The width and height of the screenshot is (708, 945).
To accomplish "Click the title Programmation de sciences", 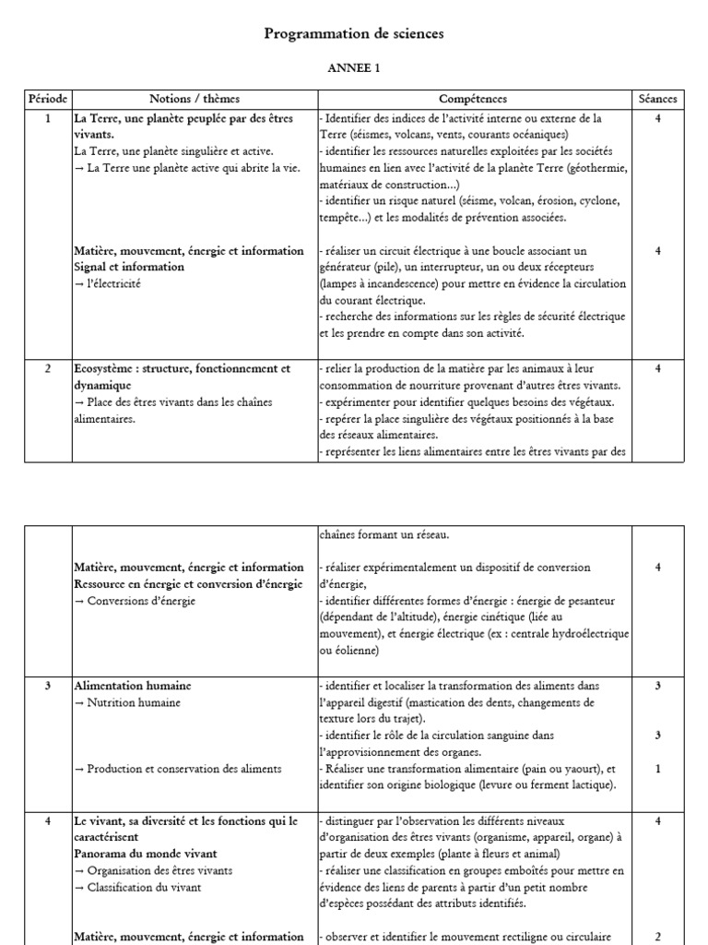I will [354, 33].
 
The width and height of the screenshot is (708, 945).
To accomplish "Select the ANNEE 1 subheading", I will [354, 67].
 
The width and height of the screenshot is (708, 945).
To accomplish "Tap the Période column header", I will [48, 99].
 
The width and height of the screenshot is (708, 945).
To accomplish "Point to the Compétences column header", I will [472, 99].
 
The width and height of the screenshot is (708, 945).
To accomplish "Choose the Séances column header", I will [657, 99].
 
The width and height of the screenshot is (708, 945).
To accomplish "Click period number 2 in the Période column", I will [48, 368].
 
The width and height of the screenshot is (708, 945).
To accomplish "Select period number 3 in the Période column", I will [48, 686].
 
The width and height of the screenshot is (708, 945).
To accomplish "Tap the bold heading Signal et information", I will [129, 267].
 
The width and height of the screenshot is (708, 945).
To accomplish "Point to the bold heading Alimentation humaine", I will [134, 686].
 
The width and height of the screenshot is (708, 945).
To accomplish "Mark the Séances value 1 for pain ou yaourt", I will [657, 769].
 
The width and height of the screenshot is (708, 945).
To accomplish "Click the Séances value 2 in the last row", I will [657, 936].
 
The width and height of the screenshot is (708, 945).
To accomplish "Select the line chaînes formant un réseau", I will [385, 534].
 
